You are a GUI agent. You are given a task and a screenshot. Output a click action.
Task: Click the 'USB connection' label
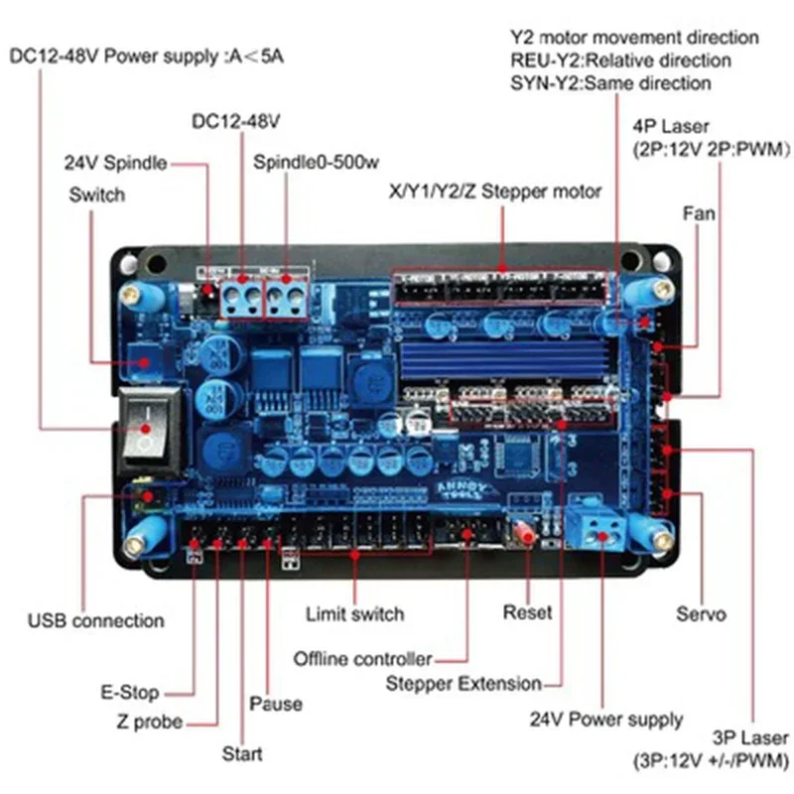tap(95, 621)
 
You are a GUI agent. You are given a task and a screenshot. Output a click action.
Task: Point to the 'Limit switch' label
tap(354, 614)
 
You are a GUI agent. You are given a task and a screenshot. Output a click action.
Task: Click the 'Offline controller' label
tap(363, 659)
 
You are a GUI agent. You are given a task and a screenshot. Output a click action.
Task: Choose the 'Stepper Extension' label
tap(463, 684)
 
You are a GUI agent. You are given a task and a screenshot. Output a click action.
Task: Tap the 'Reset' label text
tap(527, 612)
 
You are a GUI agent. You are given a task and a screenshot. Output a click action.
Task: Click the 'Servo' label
tap(701, 614)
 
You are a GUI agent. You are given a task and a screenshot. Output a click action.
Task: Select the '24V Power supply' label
tap(605, 720)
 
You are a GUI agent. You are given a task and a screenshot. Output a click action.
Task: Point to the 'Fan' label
tap(699, 213)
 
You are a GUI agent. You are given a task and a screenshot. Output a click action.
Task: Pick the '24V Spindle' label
tap(115, 163)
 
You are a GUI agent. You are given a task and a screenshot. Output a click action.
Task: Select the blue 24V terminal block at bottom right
tap(600, 526)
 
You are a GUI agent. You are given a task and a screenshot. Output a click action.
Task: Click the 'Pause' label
tap(275, 704)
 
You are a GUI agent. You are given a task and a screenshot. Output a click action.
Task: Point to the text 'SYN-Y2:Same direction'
tap(610, 83)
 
